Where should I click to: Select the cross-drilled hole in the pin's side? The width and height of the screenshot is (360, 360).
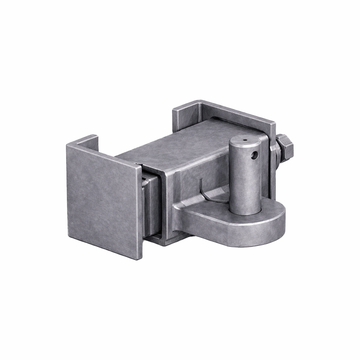click(255, 156)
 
